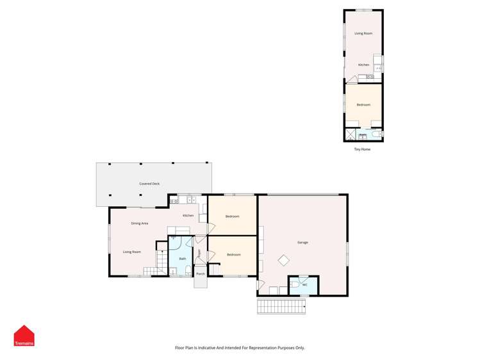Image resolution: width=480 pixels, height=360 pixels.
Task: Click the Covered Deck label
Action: [x=149, y=184]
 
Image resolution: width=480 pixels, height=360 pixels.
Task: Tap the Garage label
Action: [x=302, y=242]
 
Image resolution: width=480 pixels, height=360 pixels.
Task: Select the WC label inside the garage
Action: [x=305, y=284]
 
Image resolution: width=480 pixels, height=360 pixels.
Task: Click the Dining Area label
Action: [x=140, y=223]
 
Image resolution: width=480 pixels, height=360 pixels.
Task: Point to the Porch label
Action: [x=201, y=274]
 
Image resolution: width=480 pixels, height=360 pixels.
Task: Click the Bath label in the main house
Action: [x=183, y=259]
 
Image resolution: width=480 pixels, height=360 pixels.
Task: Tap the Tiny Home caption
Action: [x=362, y=149]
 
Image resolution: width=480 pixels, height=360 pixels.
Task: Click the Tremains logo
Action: [x=24, y=336]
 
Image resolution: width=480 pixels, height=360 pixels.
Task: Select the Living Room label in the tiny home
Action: [x=363, y=33]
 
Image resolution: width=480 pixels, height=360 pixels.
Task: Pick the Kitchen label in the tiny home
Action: [x=363, y=65]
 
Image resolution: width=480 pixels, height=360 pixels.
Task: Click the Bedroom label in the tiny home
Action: [x=363, y=104]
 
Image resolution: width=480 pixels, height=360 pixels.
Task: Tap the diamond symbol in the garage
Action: [x=283, y=260]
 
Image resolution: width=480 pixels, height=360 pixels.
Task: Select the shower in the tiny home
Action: [x=350, y=135]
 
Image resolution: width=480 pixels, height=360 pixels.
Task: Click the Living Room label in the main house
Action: [x=132, y=252]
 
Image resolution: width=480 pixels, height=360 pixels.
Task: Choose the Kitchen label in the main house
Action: [x=188, y=215]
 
